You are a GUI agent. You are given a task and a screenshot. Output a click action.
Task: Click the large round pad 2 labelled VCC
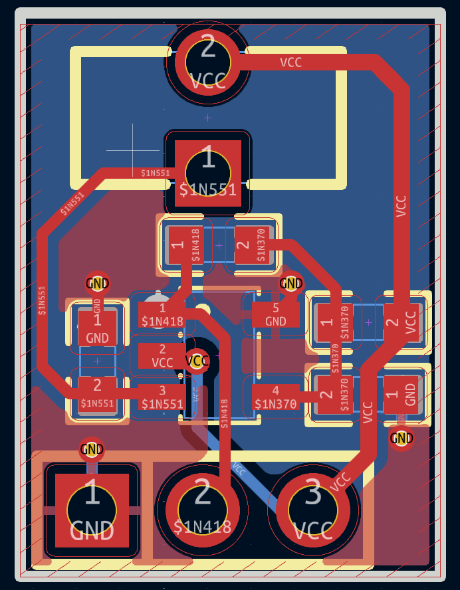pyautogui.click(x=207, y=63)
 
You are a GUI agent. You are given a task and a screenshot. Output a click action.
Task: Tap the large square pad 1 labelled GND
pyautogui.click(x=92, y=510)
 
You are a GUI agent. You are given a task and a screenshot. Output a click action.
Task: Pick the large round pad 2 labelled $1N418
pyautogui.click(x=202, y=508)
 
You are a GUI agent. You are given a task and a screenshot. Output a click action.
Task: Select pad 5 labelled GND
pyautogui.click(x=276, y=314)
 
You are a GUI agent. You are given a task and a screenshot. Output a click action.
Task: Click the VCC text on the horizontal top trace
pyautogui.click(x=290, y=62)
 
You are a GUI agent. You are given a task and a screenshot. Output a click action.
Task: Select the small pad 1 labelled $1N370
pyautogui.click(x=326, y=323)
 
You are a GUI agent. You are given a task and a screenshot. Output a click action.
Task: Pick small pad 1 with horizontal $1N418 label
pyautogui.click(x=162, y=314)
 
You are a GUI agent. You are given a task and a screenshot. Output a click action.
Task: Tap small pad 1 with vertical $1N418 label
pyautogui.click(x=178, y=245)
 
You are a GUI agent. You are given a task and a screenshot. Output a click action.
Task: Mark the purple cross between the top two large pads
pyautogui.click(x=207, y=118)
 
